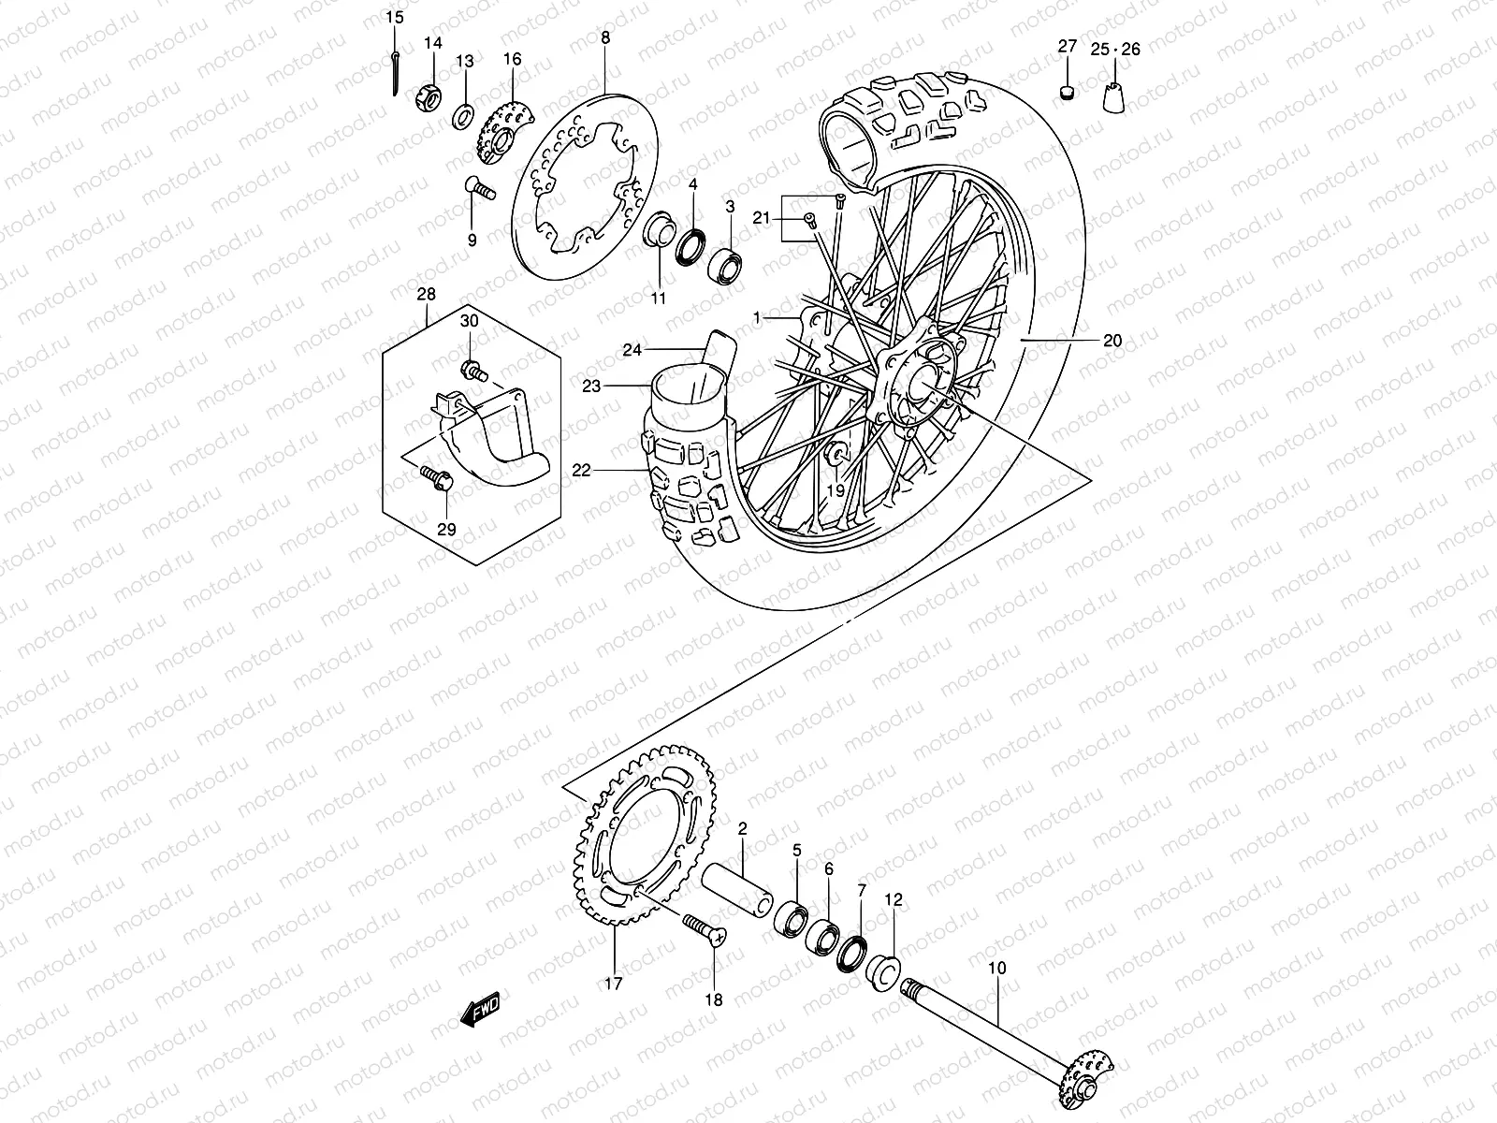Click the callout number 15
(x=395, y=18)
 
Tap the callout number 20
(x=1112, y=341)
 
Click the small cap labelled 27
(x=1067, y=91)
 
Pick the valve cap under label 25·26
(x=1115, y=97)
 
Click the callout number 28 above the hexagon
(x=426, y=295)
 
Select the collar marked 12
(x=883, y=970)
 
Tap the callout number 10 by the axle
(x=996, y=968)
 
